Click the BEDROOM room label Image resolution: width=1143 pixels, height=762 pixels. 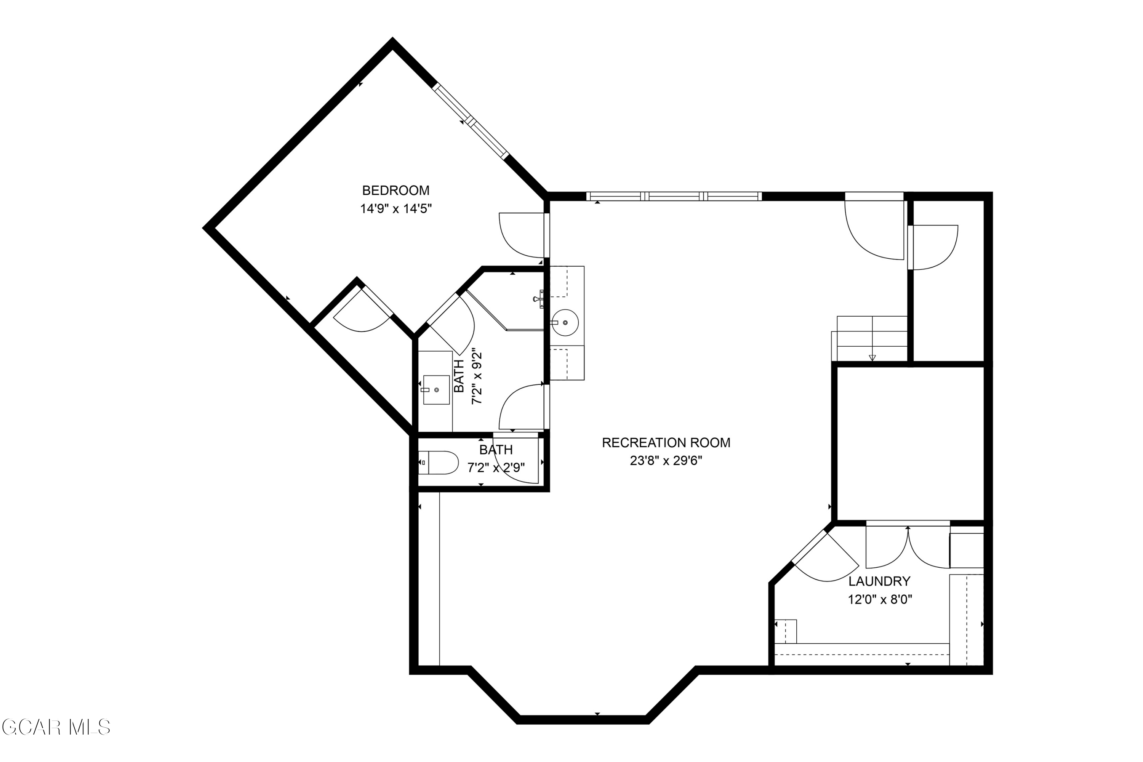395,190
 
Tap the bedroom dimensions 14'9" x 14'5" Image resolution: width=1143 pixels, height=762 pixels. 395,209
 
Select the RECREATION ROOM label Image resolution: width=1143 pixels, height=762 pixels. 666,443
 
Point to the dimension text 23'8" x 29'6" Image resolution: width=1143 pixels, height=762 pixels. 666,461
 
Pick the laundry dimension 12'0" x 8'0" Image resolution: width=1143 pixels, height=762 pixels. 880,600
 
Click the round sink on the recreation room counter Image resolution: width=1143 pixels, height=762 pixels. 565,323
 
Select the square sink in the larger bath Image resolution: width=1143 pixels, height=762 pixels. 436,390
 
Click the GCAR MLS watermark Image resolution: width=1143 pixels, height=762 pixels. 56,727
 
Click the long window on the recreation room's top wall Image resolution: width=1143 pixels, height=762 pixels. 674,196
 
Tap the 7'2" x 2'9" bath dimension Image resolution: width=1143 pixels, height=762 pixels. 496,468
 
